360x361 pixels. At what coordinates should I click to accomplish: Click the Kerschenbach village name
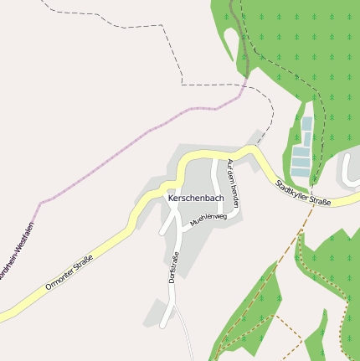tap(196, 199)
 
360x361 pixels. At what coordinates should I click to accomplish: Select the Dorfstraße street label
tap(173, 266)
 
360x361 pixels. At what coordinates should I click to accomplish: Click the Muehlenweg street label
tap(208, 219)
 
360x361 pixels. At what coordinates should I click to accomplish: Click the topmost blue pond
tap(307, 123)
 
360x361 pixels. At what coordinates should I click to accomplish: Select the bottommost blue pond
tap(300, 172)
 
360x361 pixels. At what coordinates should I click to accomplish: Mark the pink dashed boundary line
tap(126, 142)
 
